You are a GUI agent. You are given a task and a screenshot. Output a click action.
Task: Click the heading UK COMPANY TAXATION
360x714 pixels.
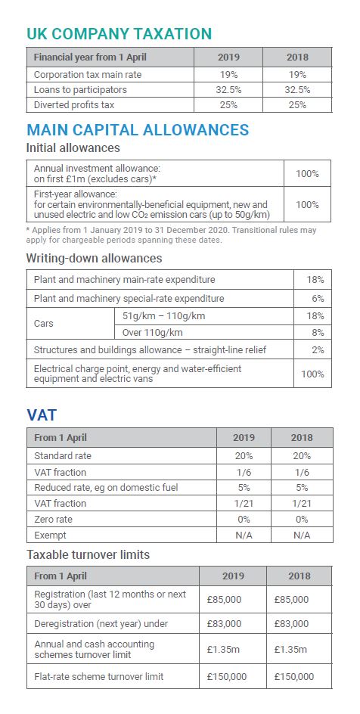[119, 34]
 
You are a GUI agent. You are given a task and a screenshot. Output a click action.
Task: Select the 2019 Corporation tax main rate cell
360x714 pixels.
[228, 75]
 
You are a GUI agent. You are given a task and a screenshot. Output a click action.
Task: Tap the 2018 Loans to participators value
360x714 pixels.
[297, 90]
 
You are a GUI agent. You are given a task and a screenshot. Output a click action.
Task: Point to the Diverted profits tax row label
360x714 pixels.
[74, 104]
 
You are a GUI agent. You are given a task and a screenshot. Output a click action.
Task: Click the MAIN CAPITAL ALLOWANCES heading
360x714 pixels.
[138, 130]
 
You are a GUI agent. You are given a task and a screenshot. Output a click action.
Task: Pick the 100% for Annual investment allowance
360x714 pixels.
[307, 173]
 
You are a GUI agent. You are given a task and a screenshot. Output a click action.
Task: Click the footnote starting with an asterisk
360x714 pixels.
[171, 235]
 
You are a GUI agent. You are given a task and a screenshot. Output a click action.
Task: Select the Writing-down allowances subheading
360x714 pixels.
[95, 259]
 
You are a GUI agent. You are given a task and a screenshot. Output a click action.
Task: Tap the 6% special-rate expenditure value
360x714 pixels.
[318, 299]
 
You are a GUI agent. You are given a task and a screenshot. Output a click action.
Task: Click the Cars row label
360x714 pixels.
[44, 324]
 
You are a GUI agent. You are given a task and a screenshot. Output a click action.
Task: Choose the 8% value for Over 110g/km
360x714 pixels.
[318, 333]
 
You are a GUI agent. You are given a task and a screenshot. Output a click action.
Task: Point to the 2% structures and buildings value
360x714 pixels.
[318, 350]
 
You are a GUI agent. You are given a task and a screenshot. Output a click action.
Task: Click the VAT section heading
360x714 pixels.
[42, 415]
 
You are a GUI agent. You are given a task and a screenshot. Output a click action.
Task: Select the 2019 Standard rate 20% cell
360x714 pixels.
[244, 456]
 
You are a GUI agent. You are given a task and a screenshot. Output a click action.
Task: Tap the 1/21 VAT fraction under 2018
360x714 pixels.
[302, 503]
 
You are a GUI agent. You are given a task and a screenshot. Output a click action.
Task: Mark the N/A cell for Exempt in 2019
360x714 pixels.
[244, 535]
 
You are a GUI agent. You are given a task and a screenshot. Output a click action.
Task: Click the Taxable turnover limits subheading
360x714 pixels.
[88, 555]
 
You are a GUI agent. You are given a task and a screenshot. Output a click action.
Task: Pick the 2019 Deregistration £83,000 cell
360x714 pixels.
[225, 624]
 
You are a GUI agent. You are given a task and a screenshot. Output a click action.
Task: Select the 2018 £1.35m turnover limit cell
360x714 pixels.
[291, 650]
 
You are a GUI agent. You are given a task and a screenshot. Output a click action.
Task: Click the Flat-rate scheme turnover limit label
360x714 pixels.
[99, 677]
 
